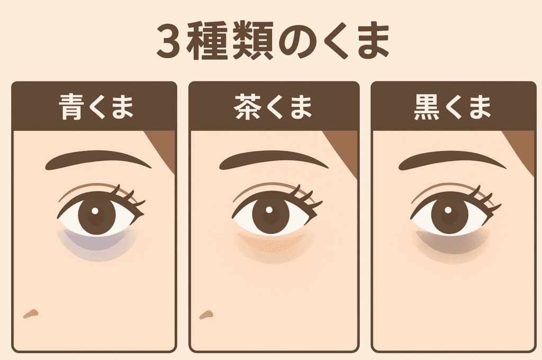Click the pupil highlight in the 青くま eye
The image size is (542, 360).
click(x=95, y=211)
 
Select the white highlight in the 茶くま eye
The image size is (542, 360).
click(x=269, y=211)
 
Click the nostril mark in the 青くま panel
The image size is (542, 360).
click(x=31, y=314)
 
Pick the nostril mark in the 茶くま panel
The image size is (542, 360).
click(x=206, y=315)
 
